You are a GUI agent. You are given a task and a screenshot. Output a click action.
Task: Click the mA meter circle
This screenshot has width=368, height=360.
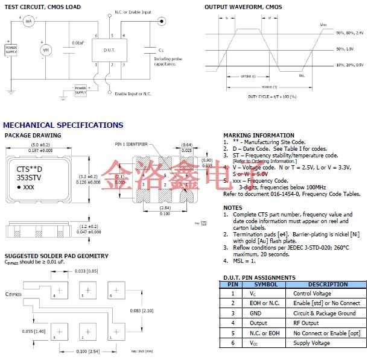tap(28, 22)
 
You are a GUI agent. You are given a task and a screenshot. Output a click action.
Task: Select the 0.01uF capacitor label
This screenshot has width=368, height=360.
tap(78, 43)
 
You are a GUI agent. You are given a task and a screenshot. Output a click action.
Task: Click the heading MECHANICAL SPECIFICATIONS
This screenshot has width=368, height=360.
tap(63, 125)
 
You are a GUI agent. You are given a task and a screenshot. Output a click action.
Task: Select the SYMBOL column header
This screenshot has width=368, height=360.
tap(265, 284)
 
